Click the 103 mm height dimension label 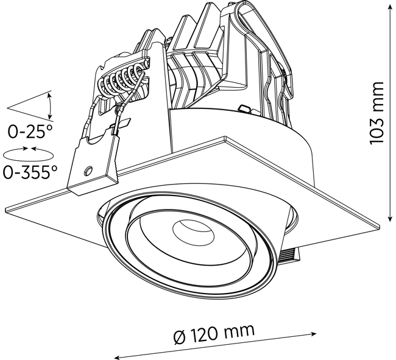(377, 113)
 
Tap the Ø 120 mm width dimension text (214, 333)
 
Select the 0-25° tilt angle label (30, 132)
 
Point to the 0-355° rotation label (30, 172)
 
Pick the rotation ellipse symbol (28, 154)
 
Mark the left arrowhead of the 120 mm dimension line (117, 357)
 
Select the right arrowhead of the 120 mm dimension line (313, 334)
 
